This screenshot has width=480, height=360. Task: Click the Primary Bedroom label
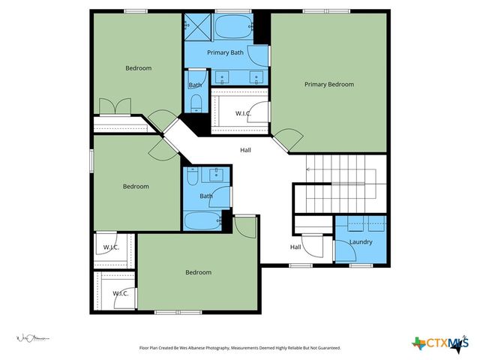pos(328,84)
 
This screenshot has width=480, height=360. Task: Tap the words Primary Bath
pos(225,52)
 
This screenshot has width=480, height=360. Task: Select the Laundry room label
pos(361,241)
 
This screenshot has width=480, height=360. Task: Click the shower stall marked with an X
pos(197,27)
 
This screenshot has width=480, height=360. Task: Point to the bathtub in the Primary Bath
pos(232,29)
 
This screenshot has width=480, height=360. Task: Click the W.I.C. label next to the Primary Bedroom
pos(242,113)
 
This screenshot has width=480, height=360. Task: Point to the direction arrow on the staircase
pos(309,169)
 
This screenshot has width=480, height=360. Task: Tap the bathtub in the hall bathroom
pos(202,221)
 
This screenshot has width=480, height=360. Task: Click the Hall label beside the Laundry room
pos(295,247)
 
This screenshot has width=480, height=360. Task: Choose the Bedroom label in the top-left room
pos(138,68)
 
